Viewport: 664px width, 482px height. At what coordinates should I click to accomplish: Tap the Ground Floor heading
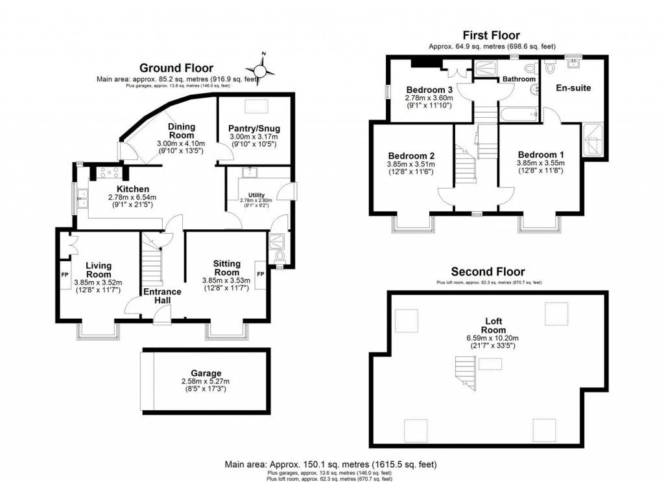tap(176, 68)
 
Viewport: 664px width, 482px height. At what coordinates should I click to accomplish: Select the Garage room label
tap(206, 373)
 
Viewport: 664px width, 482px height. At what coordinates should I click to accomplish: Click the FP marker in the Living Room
tap(65, 274)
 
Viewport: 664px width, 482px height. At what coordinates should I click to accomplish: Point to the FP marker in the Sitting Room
tap(260, 274)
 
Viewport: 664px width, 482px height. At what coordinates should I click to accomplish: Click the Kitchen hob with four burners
tap(106, 172)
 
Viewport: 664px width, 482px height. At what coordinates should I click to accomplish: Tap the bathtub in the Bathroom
tap(519, 115)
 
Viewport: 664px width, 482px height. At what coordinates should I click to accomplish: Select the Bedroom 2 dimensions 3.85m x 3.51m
tap(411, 165)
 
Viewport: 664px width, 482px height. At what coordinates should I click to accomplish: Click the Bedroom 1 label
tap(540, 154)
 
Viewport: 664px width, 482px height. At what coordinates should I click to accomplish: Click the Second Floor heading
tap(488, 271)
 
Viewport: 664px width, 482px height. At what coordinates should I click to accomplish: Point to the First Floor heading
tap(490, 36)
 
